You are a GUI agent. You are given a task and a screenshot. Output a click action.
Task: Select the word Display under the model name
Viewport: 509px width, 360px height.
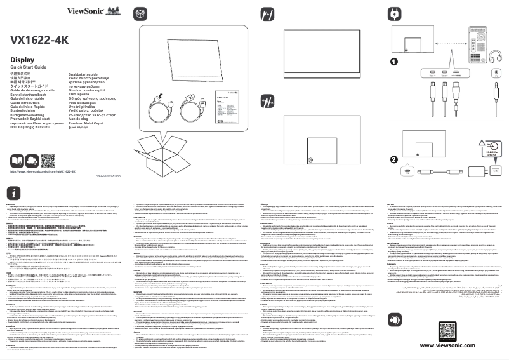(x=22, y=60)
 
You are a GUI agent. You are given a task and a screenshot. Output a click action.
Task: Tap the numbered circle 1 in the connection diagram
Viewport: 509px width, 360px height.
(x=393, y=62)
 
